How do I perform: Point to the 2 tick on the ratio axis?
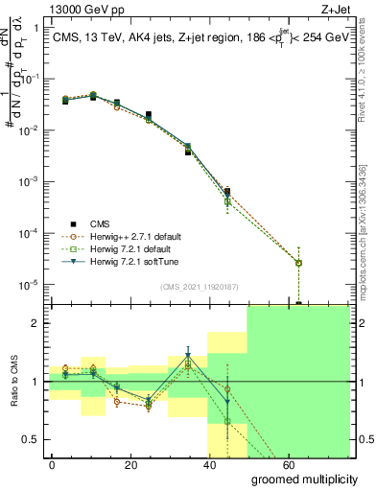coord(35,323)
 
